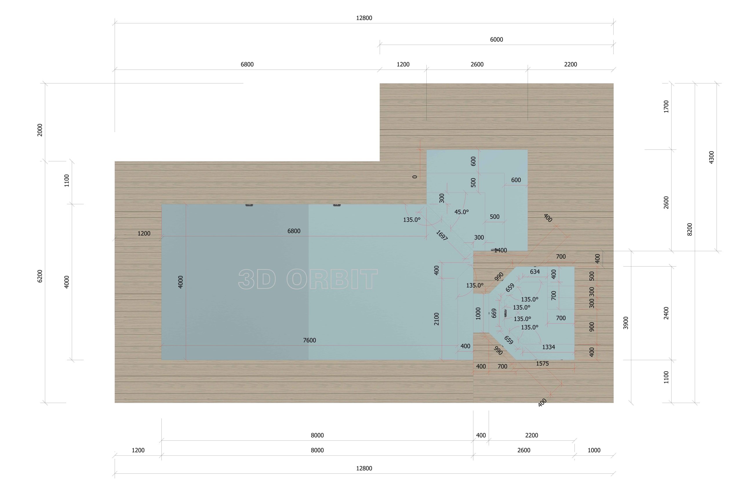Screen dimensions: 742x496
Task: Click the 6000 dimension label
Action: click(x=496, y=39)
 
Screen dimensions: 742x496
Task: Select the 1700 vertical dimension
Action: click(x=666, y=107)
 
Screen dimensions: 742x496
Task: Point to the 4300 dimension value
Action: click(x=711, y=157)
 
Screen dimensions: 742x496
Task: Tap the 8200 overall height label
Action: click(x=690, y=229)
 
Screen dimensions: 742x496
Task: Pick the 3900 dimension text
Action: click(x=625, y=323)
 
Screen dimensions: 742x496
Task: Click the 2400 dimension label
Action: click(x=666, y=313)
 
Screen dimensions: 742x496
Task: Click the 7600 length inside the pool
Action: click(x=310, y=340)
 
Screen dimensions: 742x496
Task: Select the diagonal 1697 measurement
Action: click(x=442, y=235)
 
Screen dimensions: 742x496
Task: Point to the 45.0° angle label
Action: click(x=461, y=212)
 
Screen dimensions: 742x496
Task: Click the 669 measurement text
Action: click(x=494, y=313)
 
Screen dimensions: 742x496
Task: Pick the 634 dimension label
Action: click(x=535, y=272)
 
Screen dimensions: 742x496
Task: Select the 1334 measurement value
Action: click(x=548, y=347)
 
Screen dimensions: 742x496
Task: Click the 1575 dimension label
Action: click(x=542, y=364)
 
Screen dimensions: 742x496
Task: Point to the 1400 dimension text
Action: click(x=501, y=251)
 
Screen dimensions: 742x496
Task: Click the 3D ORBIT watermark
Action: click(x=308, y=279)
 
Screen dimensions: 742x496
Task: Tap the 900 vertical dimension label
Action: click(x=592, y=327)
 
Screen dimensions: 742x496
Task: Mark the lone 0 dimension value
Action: click(x=415, y=177)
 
